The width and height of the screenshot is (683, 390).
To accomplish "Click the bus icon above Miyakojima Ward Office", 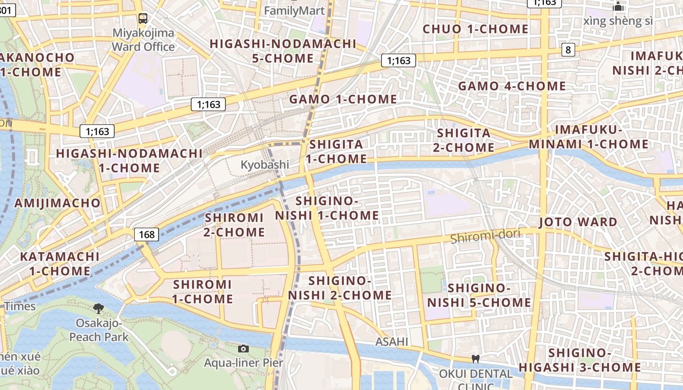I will (142, 19).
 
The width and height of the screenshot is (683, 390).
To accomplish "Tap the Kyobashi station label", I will (264, 165).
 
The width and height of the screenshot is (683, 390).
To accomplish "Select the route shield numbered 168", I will (146, 234).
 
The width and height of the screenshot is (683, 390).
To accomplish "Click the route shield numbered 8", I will (568, 49).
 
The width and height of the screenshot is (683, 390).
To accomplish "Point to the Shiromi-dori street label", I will (485, 236).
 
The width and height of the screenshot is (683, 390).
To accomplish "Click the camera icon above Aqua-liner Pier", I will (243, 349).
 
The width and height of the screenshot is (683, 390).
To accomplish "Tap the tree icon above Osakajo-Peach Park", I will (99, 308).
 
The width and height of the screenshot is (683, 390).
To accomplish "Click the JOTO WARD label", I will (578, 222).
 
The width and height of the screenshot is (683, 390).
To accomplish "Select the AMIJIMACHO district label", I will (58, 203).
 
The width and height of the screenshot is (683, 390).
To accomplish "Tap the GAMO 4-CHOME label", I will (511, 86).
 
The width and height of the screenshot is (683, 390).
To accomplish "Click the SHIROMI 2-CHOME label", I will (234, 225).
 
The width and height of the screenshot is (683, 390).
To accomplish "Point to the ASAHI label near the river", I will (391, 342).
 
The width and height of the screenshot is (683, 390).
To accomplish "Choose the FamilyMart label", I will (294, 11).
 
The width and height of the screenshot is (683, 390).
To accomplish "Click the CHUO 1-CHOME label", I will (475, 29).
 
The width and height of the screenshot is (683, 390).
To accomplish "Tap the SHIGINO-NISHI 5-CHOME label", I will (479, 295).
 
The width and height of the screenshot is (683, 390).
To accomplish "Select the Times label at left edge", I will (20, 306).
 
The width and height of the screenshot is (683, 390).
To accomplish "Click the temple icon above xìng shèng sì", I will (619, 7).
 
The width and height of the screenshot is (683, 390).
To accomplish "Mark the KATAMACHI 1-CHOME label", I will (60, 263).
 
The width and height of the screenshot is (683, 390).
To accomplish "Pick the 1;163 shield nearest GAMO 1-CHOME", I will (399, 60).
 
